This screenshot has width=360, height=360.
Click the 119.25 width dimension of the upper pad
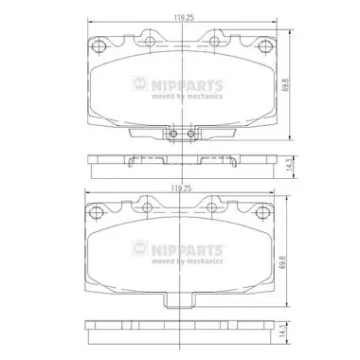184,18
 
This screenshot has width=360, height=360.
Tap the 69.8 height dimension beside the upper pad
286,85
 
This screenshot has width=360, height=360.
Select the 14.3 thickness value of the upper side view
288,166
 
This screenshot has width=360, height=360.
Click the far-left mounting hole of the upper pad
99,46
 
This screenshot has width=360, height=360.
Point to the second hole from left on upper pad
150,41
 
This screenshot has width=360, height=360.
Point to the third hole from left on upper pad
214,41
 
